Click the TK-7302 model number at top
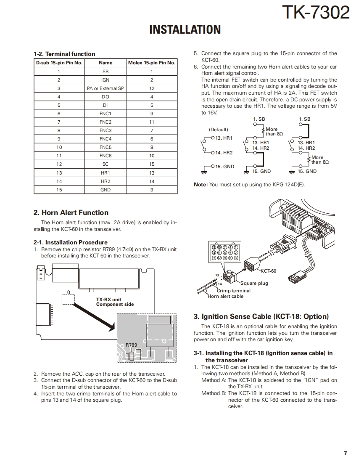[315, 12]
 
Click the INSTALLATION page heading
[185, 29]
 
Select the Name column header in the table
[106, 63]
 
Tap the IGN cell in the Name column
[106, 80]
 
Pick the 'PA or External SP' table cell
[106, 88]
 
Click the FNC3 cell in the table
[106, 130]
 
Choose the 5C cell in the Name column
[106, 164]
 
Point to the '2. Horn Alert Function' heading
[71, 213]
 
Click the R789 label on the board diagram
[131, 345]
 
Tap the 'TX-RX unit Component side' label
[115, 302]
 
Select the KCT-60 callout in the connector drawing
[269, 271]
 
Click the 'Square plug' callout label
[254, 283]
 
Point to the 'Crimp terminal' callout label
[234, 291]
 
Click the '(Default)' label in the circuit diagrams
[218, 130]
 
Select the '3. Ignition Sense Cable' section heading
[261, 317]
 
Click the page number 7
[345, 453]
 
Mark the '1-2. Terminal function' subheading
[64, 54]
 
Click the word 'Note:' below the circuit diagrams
[200, 185]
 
